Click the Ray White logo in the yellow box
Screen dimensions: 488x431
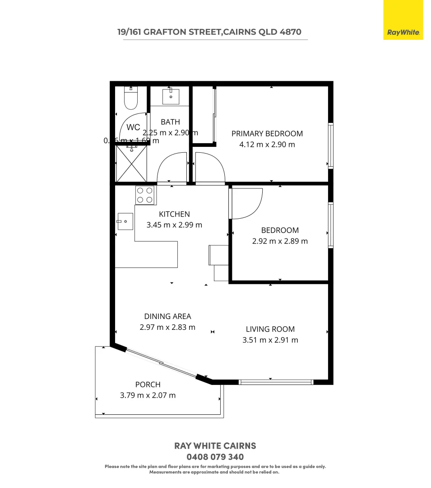click(x=403, y=32)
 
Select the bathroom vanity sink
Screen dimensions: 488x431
click(x=171, y=96)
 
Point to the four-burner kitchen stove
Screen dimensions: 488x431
click(x=144, y=195)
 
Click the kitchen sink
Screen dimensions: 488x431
click(x=125, y=221)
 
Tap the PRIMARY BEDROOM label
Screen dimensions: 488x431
click(x=267, y=133)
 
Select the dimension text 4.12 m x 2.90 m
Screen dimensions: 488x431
click(x=267, y=145)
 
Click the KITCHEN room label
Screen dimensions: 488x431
click(x=174, y=214)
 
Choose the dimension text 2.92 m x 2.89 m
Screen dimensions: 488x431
click(x=280, y=241)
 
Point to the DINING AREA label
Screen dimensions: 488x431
click(x=167, y=316)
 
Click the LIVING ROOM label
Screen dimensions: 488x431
click(x=270, y=329)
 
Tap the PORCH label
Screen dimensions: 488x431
click(x=148, y=385)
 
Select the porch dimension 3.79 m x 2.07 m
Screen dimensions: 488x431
click(x=148, y=395)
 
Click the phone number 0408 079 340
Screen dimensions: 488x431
click(x=215, y=457)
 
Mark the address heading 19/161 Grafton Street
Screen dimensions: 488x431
click(x=209, y=32)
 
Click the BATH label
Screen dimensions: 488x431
click(x=170, y=122)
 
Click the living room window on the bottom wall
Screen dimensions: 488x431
click(x=276, y=382)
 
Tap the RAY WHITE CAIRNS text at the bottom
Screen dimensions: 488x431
click(x=215, y=446)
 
